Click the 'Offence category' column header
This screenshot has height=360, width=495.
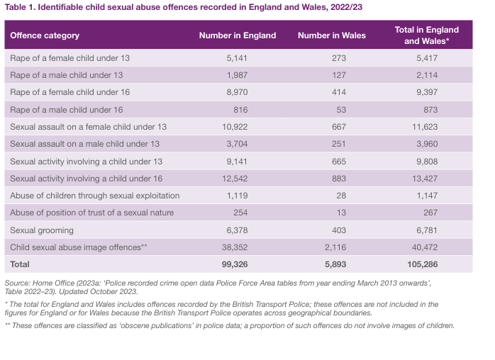click(x=44, y=35)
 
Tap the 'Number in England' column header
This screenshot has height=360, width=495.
click(x=237, y=35)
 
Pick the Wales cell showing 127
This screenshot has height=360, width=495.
click(x=339, y=75)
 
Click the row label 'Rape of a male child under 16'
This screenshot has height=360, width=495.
click(x=67, y=110)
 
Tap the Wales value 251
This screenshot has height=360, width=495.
click(x=339, y=144)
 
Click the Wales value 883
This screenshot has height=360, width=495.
click(x=339, y=179)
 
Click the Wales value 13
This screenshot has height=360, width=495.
click(x=341, y=213)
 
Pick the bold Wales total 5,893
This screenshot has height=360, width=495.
click(x=336, y=264)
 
